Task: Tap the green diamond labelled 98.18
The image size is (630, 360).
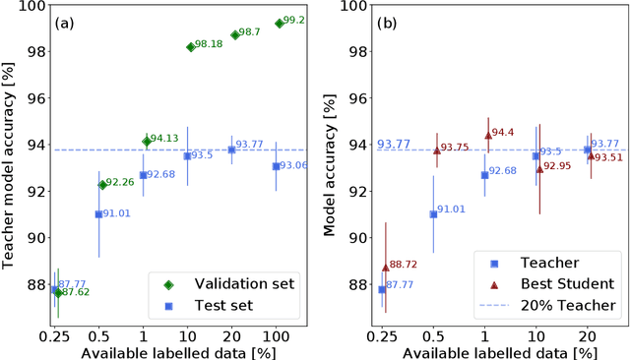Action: coord(190,46)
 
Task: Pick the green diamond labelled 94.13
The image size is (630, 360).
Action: coord(147,141)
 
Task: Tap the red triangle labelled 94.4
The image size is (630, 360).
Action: coord(487,135)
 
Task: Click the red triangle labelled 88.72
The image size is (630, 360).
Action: coord(385,267)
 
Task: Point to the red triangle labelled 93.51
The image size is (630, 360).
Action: coord(591,155)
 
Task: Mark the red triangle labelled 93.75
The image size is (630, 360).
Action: coord(436,150)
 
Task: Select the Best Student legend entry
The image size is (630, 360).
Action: coord(553,283)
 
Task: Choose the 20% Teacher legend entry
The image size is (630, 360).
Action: coord(553,305)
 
